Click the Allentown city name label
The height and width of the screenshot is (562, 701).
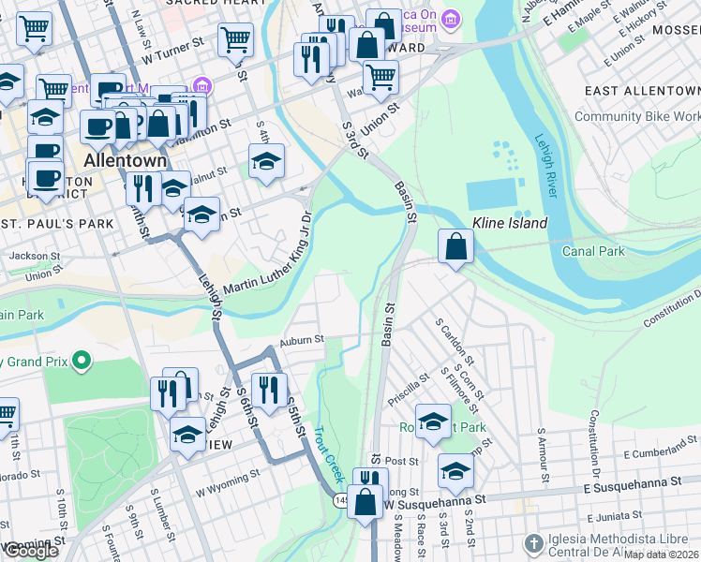[125, 160]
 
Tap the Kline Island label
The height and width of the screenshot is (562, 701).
[510, 224]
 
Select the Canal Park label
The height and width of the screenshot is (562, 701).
[592, 251]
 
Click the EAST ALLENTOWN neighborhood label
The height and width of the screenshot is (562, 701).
[641, 91]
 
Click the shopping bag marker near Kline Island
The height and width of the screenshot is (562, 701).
[455, 247]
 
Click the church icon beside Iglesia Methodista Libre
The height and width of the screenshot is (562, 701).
[533, 543]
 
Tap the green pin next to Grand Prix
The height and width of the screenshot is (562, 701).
[82, 360]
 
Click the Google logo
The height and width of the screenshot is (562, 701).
[30, 551]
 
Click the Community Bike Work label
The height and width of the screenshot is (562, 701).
[636, 116]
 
